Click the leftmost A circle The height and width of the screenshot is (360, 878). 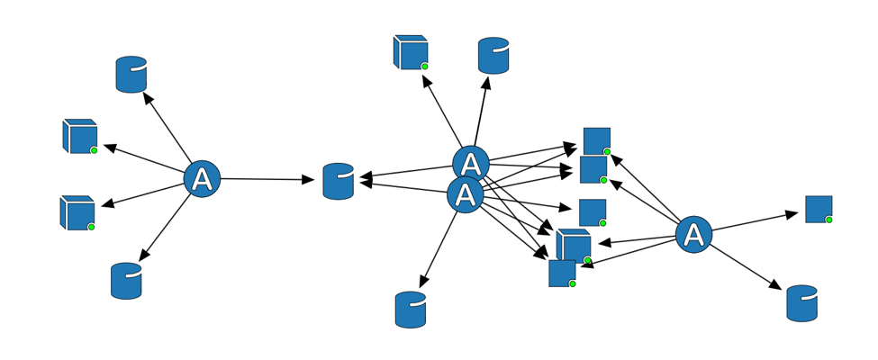tap(203, 178)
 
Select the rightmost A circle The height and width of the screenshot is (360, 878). tap(693, 235)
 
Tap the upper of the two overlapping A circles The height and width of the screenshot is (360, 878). tap(470, 164)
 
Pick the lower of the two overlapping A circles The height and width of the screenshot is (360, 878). tap(466, 194)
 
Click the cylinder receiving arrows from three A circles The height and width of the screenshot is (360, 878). tap(339, 181)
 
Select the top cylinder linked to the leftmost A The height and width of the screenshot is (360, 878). tap(131, 75)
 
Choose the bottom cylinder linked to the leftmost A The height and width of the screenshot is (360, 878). tap(126, 281)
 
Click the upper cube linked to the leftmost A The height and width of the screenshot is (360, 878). tap(79, 136)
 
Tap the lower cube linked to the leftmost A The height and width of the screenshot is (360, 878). tap(77, 212)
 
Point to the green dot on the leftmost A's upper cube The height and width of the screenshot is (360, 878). tap(94, 150)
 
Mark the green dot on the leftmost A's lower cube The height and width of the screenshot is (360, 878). tap(92, 228)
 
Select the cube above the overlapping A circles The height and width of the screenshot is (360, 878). tap(410, 52)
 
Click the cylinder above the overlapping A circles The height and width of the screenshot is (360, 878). tap(493, 56)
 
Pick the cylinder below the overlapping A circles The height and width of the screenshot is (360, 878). tap(411, 310)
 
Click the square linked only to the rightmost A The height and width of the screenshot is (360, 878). tap(819, 209)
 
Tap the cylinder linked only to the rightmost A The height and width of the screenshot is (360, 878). tap(801, 303)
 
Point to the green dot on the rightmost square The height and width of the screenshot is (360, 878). tap(829, 220)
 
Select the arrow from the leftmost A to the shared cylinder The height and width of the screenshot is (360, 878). tap(270, 179)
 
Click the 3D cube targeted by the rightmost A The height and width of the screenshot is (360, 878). tap(574, 246)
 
